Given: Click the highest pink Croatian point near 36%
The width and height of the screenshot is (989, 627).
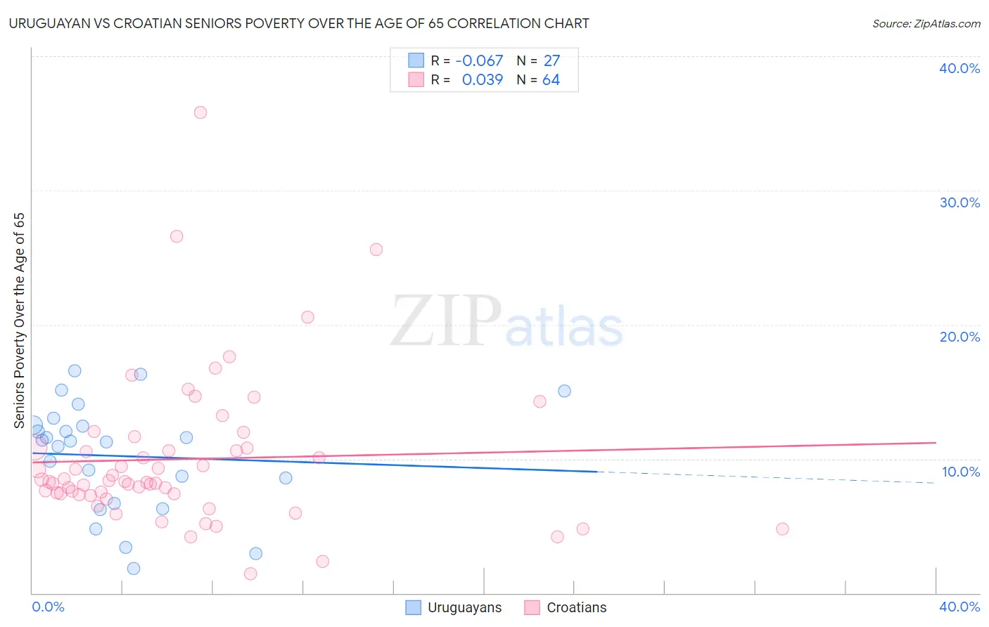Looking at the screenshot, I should coord(200,112).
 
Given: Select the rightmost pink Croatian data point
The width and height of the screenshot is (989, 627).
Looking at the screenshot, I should coord(782,529).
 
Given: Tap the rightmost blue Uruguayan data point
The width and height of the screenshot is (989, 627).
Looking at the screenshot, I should coord(564,391).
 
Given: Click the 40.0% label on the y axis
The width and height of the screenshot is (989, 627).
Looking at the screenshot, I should coord(959,68).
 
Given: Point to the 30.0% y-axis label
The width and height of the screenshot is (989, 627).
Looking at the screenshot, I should coord(959,202).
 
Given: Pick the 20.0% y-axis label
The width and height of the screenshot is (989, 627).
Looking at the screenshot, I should coord(959,337).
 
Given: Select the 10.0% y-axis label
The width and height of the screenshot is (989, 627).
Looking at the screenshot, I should coord(961,472).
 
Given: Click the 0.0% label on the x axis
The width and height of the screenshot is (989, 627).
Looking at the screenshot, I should coord(48,607).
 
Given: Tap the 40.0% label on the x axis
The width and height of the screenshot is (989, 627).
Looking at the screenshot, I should coord(959,607).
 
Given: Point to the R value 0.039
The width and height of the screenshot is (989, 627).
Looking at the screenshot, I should coord(482,80).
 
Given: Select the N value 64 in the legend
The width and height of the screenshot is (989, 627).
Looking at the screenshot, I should coord(551,80).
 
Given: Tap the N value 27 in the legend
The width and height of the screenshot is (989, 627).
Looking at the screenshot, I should coord(551,61).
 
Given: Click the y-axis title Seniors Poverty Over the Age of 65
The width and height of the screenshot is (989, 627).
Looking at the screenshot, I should coord(19,321).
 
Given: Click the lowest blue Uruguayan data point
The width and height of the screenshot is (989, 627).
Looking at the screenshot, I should coord(134,568).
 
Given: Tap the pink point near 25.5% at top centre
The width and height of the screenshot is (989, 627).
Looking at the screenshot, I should coord(376,250).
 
